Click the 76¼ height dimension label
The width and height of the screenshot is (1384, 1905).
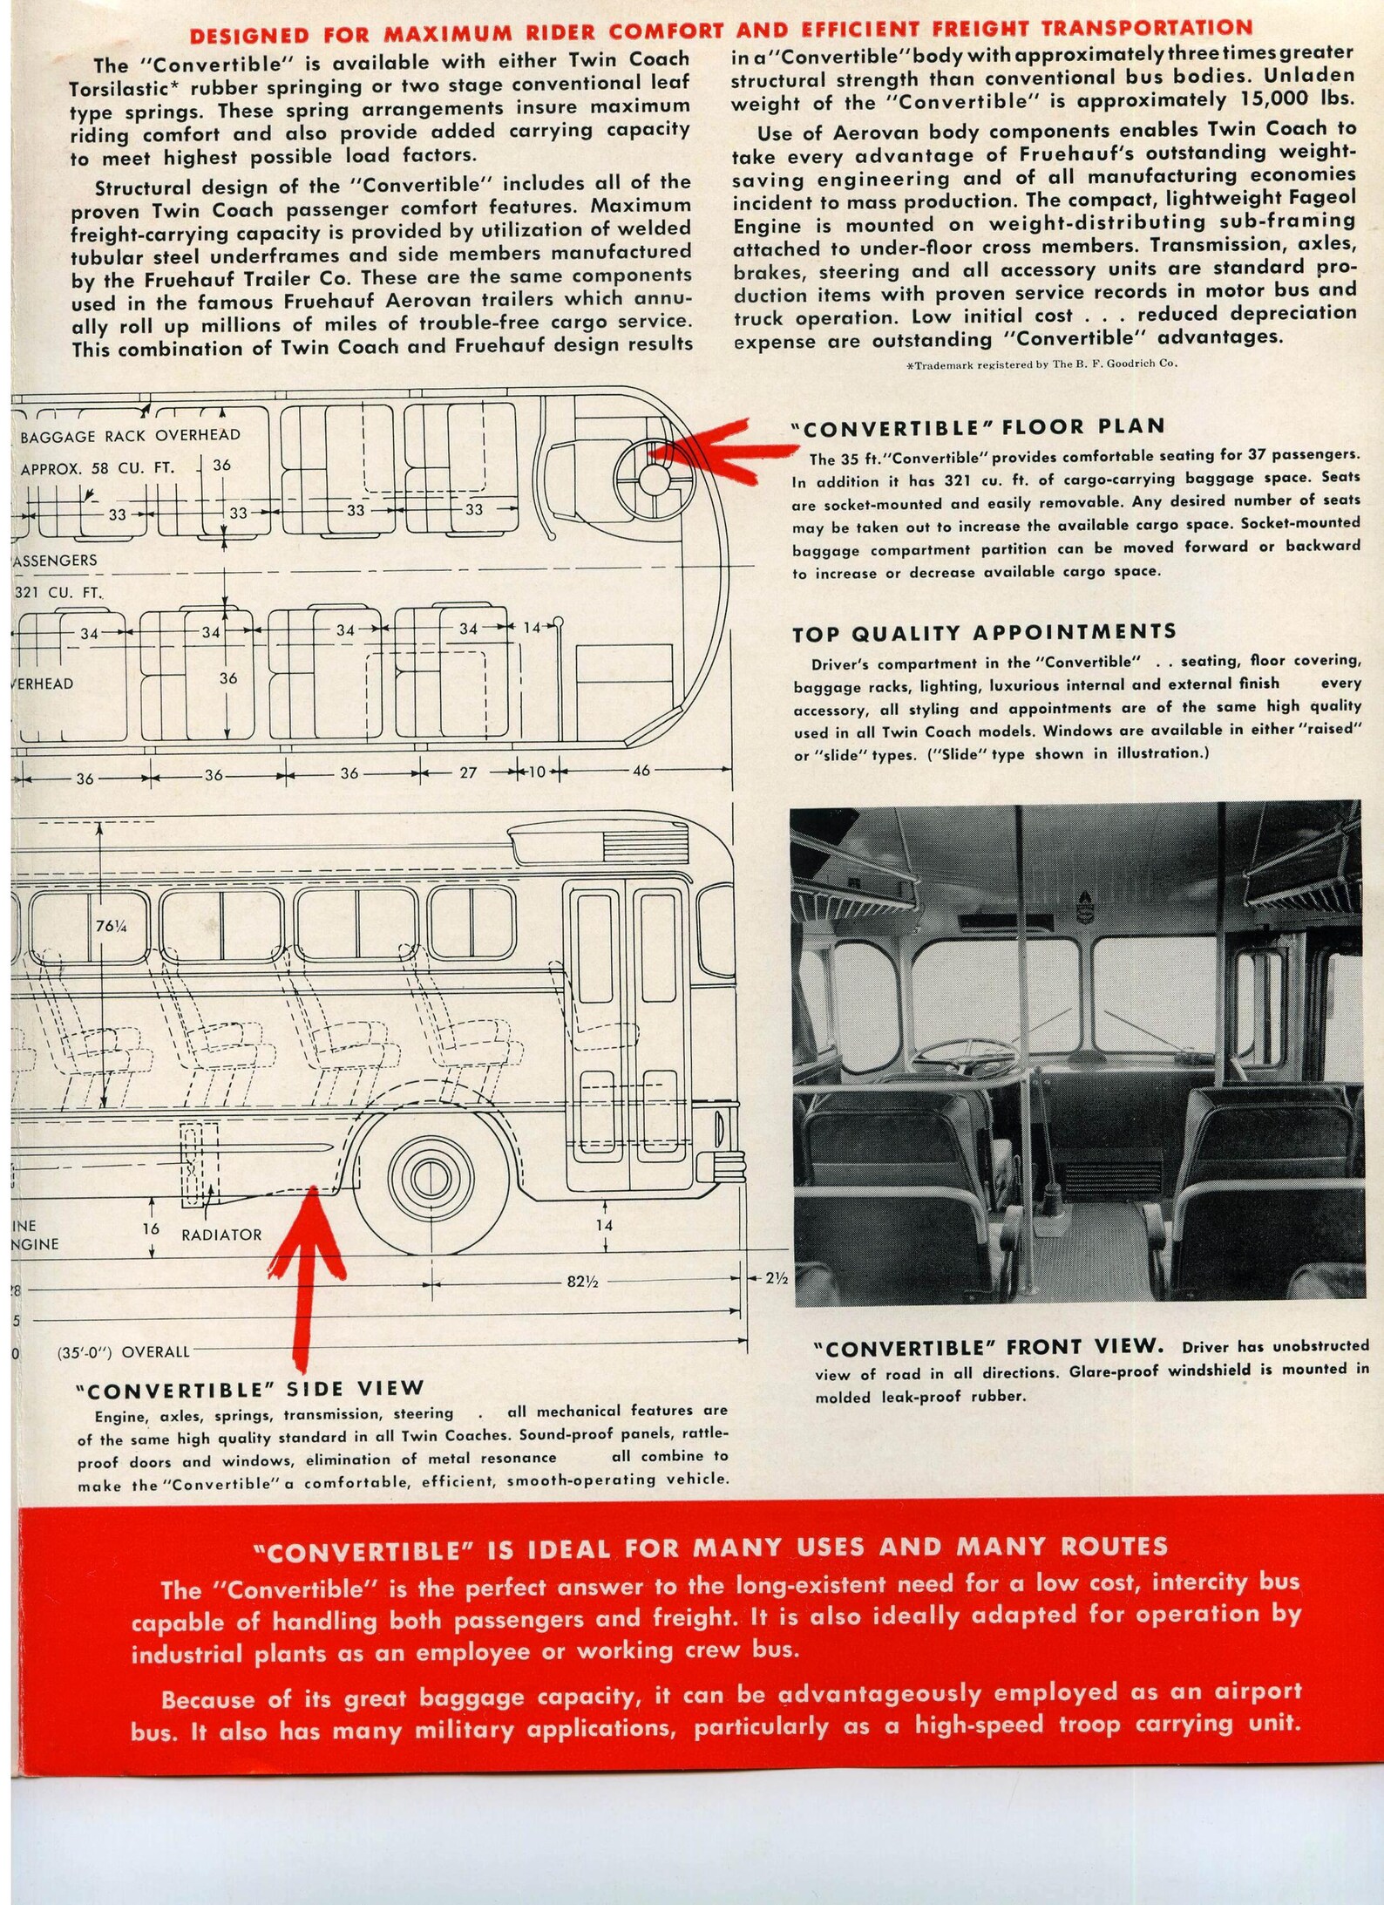pos(112,927)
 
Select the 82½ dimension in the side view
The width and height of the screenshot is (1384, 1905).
pos(581,1282)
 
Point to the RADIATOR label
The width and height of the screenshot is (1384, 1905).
pos(221,1235)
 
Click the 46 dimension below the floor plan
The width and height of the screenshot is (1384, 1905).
pos(641,771)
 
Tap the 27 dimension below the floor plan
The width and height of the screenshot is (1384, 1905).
pos(468,772)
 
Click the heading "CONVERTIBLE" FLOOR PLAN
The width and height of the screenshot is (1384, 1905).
pos(977,427)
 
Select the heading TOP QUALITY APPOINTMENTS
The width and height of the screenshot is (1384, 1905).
pos(983,632)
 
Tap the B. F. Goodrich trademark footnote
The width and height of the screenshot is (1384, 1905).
pos(1041,364)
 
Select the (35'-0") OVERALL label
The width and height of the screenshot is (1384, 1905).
pos(123,1352)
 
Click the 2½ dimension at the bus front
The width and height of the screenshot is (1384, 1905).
pos(777,1278)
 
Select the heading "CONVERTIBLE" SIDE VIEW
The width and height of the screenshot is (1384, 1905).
pos(250,1389)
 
